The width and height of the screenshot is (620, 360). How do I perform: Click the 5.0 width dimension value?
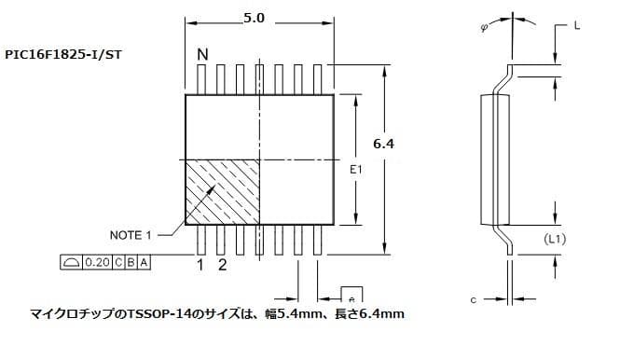tap(254, 18)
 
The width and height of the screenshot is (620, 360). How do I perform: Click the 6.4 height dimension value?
tap(383, 144)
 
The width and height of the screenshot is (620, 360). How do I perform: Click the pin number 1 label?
tap(200, 265)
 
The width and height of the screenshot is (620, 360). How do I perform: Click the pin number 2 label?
tap(222, 265)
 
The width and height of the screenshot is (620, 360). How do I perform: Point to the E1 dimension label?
tap(354, 171)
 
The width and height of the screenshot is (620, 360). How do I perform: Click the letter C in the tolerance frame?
tap(118, 263)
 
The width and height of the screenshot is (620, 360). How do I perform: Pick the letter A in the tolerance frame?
tap(143, 263)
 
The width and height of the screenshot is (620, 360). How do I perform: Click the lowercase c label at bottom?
tap(473, 300)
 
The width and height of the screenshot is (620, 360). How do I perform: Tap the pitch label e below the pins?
tap(351, 291)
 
